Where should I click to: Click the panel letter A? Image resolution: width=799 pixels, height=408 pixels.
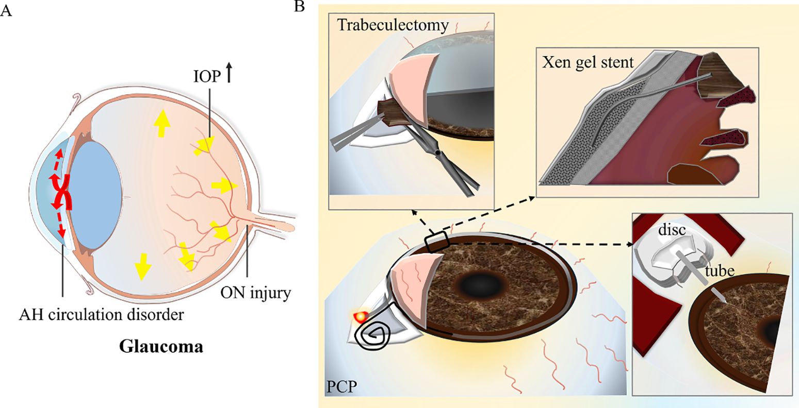[6, 11]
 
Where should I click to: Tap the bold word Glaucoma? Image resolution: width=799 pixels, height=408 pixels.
[161, 346]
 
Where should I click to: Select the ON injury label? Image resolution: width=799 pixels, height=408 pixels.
[256, 294]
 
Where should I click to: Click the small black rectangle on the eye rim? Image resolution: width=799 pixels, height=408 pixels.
[437, 241]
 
